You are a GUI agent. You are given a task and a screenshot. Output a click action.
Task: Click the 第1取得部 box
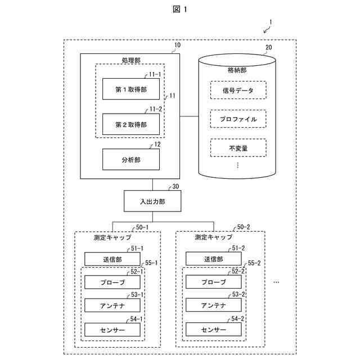[130, 89]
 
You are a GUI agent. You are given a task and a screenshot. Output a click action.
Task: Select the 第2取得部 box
[130, 124]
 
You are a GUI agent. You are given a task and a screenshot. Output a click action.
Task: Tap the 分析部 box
[130, 159]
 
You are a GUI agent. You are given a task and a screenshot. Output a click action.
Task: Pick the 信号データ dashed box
[238, 90]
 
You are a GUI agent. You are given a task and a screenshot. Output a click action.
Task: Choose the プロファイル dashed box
[238, 119]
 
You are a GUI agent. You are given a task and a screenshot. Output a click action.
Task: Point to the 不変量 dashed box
[238, 148]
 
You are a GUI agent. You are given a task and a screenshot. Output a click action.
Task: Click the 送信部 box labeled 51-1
[112, 259]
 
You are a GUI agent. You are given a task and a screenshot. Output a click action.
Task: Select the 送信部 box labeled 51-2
[213, 259]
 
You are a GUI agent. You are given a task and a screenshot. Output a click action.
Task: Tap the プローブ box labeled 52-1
[112, 282]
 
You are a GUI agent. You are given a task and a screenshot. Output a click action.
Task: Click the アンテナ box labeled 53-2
[213, 305]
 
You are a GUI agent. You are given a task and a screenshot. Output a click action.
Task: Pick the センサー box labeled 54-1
[112, 329]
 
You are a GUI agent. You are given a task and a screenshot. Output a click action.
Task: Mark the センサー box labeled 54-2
[213, 329]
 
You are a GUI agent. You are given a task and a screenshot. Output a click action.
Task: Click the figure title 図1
[180, 9]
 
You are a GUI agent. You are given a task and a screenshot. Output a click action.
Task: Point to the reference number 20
[268, 47]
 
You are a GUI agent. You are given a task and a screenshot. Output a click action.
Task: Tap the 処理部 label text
[130, 60]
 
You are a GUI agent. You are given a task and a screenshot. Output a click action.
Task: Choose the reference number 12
[157, 145]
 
